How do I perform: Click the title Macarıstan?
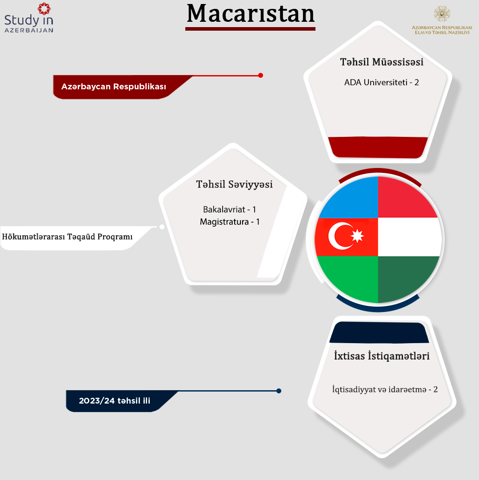250,14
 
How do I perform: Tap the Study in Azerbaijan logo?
29,17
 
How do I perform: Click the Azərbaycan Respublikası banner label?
114,87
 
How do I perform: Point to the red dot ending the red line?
260,75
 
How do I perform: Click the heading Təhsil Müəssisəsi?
382,62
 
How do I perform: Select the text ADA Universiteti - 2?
381,82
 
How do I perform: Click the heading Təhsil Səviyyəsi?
234,184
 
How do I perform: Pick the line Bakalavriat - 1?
230,209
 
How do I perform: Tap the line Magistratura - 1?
230,222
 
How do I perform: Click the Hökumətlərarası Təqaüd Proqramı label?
68,236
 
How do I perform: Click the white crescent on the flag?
339,236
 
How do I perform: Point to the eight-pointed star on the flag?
357,236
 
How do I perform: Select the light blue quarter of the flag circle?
349,199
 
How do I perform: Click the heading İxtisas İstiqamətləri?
382,356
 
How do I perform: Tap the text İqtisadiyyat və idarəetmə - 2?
385,389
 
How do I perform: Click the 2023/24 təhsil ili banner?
115,401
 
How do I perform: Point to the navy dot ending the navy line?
279,391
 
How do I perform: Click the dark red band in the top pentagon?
378,147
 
